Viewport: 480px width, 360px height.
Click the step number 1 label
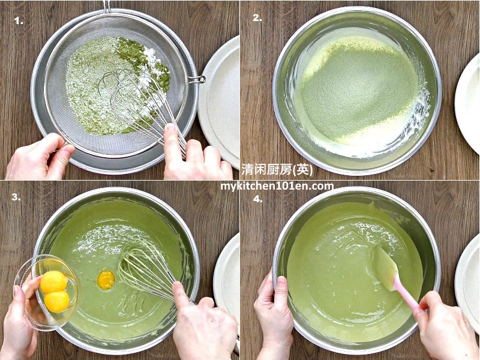(x=19, y=21)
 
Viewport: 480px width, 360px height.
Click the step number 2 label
(x=257, y=18)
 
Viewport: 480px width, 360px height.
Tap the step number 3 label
(x=16, y=197)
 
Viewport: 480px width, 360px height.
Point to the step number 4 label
(x=258, y=199)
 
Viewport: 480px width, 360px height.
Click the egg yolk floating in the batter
(x=106, y=280)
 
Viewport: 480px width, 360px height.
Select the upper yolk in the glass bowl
(x=54, y=282)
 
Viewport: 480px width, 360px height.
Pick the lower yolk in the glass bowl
(x=56, y=301)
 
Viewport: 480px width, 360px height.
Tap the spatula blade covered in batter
(x=383, y=267)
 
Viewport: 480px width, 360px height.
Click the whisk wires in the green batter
(x=144, y=269)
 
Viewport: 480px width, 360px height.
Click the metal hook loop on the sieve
(x=197, y=80)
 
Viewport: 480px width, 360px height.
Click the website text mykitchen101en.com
(x=277, y=186)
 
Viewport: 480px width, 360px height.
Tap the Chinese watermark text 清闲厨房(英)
(x=277, y=169)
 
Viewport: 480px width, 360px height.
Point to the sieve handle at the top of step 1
(x=107, y=7)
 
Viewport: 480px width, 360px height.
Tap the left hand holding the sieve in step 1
(x=40, y=157)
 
